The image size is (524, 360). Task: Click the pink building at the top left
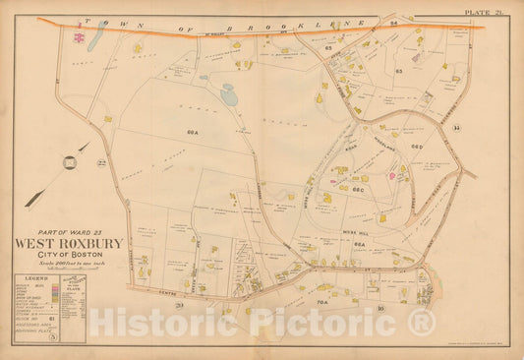tap(76, 36)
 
